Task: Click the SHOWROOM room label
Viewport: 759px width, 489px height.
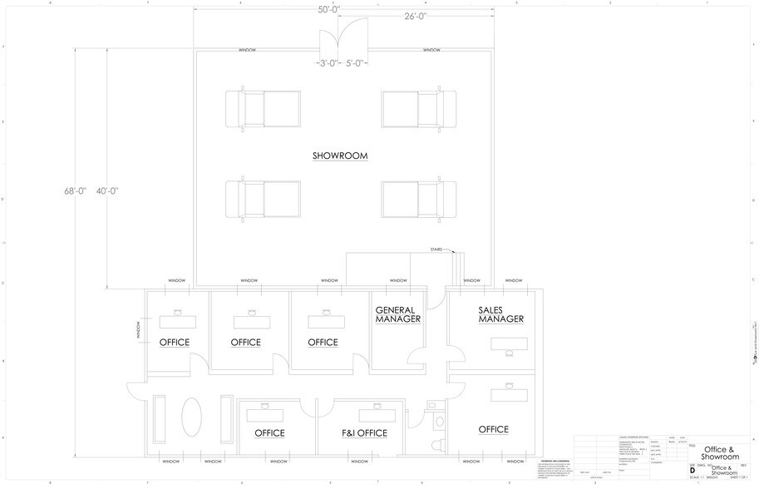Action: tap(340, 156)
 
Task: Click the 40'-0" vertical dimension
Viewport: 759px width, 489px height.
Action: tap(106, 191)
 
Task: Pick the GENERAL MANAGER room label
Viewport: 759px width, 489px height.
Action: tap(398, 314)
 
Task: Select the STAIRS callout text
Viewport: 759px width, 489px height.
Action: tap(436, 249)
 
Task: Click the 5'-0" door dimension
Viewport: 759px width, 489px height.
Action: tap(356, 62)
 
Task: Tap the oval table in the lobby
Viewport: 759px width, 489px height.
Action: tap(192, 416)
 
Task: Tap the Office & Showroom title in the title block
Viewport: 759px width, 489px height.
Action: tap(720, 452)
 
